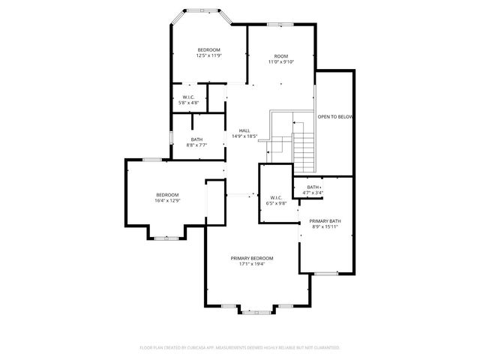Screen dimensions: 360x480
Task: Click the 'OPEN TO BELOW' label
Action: pyautogui.click(x=334, y=117)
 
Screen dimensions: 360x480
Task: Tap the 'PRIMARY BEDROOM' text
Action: pyautogui.click(x=251, y=258)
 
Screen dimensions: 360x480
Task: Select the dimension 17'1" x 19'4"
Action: pyautogui.click(x=251, y=264)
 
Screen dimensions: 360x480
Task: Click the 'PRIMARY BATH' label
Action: pyautogui.click(x=325, y=221)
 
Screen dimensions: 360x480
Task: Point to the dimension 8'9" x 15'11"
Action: pyautogui.click(x=325, y=227)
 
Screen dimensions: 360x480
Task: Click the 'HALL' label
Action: pyautogui.click(x=244, y=130)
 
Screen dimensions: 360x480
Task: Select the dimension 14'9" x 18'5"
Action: pyautogui.click(x=244, y=136)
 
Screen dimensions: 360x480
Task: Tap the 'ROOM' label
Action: pyautogui.click(x=280, y=56)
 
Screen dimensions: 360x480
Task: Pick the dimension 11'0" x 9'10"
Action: pyautogui.click(x=280, y=62)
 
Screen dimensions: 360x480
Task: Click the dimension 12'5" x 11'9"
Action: pyautogui.click(x=208, y=55)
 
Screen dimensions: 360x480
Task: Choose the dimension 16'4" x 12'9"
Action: pyautogui.click(x=167, y=200)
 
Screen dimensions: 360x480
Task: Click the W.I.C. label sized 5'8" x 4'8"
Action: pyautogui.click(x=189, y=97)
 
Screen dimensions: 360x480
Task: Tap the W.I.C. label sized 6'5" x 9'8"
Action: pyautogui.click(x=276, y=197)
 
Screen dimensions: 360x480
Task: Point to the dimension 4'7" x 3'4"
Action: pyautogui.click(x=313, y=193)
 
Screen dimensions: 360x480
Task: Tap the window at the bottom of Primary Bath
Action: pyautogui.click(x=325, y=274)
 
